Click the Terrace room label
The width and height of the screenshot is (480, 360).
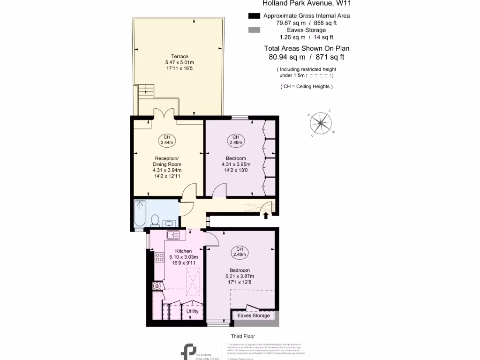(180, 57)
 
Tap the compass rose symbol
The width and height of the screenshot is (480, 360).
(321, 123)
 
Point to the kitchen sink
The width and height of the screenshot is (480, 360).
(172, 235)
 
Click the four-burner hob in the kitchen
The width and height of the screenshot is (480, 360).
(159, 257)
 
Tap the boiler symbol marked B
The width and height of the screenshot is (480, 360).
(157, 285)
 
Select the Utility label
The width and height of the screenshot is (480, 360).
(192, 311)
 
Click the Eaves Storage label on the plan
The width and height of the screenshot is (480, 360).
(254, 315)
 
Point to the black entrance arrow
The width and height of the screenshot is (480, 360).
(266, 216)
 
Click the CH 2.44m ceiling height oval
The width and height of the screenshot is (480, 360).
(167, 140)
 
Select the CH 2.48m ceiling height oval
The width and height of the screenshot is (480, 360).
(235, 140)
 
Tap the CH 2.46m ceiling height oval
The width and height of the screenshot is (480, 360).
(240, 252)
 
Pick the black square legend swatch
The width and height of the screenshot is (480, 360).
(254, 16)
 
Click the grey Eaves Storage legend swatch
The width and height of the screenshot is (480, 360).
(254, 30)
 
